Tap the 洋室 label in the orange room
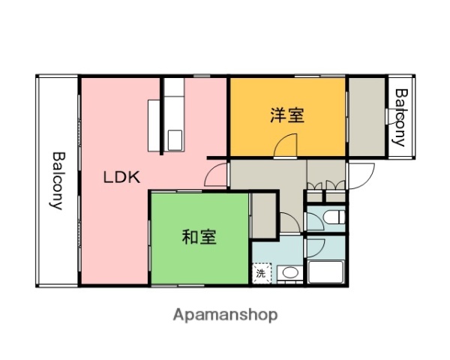(286, 115)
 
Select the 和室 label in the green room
(199, 238)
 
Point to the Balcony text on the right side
(400, 116)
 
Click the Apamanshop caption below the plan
(225, 313)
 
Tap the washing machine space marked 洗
(261, 273)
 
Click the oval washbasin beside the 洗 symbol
(290, 273)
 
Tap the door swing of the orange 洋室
(286, 145)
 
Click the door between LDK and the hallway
(215, 175)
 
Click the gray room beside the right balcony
(365, 116)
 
